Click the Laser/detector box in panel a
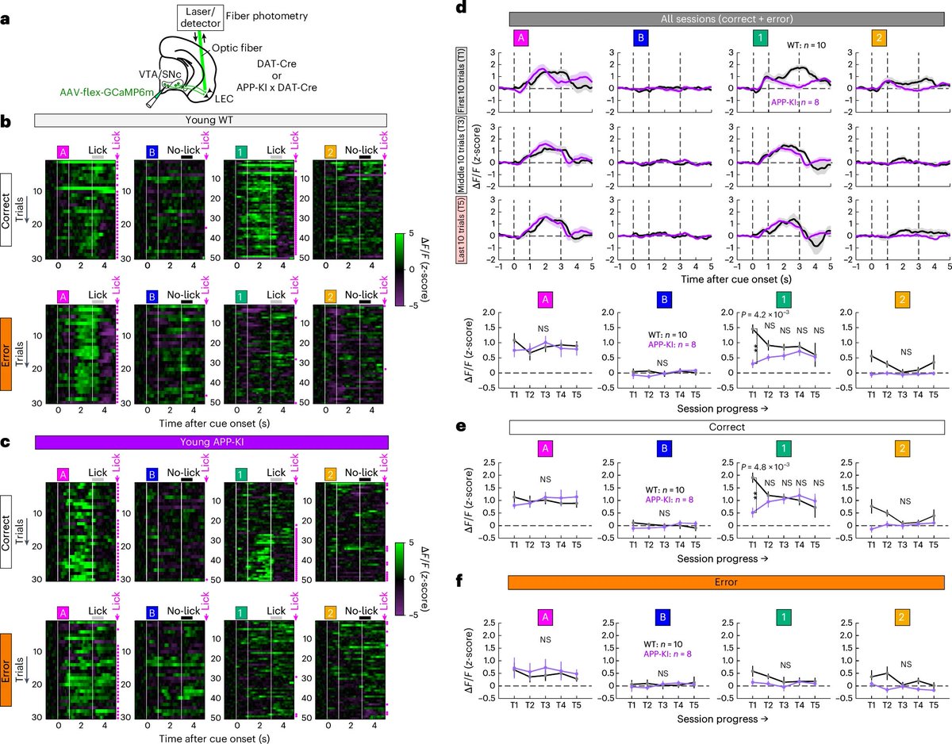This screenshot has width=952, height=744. coord(200,18)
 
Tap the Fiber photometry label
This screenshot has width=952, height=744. coord(267,16)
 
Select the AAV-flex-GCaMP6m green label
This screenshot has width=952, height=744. coord(107,92)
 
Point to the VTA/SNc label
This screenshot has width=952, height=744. coord(160,75)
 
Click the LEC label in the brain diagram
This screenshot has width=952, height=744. coord(224,99)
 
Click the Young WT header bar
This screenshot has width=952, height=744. coord(211,121)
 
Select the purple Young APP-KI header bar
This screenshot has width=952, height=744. coord(212,443)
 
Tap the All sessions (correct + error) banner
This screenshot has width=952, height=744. coord(727,19)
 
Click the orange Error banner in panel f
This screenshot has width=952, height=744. coord(726,582)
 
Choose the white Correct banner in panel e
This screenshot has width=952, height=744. coord(727,427)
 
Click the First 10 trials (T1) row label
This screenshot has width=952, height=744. coord(462,80)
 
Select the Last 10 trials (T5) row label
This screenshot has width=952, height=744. coord(462,229)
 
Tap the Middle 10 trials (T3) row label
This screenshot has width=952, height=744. coord(462,155)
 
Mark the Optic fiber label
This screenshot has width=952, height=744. coord(237,48)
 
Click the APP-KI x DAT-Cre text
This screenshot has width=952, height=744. coord(276,87)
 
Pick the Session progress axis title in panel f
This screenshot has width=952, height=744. coord(723,719)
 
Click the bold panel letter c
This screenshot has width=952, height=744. coord(6,443)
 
